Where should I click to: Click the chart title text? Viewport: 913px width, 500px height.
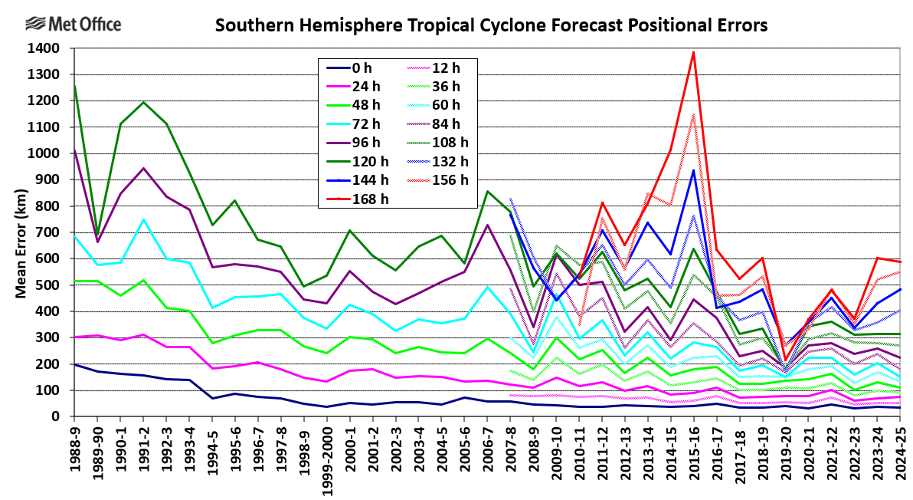pos(491,26)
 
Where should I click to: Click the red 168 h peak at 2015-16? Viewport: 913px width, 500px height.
pos(694,52)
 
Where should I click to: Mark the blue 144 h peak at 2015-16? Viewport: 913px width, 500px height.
pos(694,170)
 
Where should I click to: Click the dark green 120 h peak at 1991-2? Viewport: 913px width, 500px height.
pos(142,102)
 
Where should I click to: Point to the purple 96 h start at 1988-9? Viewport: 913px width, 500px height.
pos(74,150)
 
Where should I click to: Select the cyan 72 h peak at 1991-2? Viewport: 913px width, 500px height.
pos(142,220)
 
